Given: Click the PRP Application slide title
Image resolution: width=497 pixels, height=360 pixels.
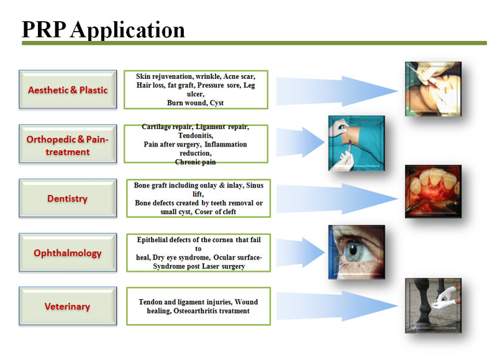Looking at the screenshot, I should pos(103,29).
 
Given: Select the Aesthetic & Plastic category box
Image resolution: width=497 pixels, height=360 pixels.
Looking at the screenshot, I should pos(67,90).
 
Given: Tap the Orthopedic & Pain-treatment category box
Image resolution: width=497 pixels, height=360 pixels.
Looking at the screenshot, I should pos(67,145).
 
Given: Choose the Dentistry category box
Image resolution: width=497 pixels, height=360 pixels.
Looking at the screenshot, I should pos(67,199).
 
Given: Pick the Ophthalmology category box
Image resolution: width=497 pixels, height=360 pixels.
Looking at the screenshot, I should pos(67,253).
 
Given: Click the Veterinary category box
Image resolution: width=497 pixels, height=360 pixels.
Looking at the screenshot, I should pos(67,306).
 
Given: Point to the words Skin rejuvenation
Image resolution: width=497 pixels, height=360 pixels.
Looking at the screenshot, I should pos(162,76).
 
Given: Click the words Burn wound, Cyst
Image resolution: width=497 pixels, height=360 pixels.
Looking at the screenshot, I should pos(195,102).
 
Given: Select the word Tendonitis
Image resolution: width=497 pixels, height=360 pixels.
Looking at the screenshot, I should pos(195,135).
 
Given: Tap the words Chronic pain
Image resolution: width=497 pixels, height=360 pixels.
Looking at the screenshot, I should pos(195,161).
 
